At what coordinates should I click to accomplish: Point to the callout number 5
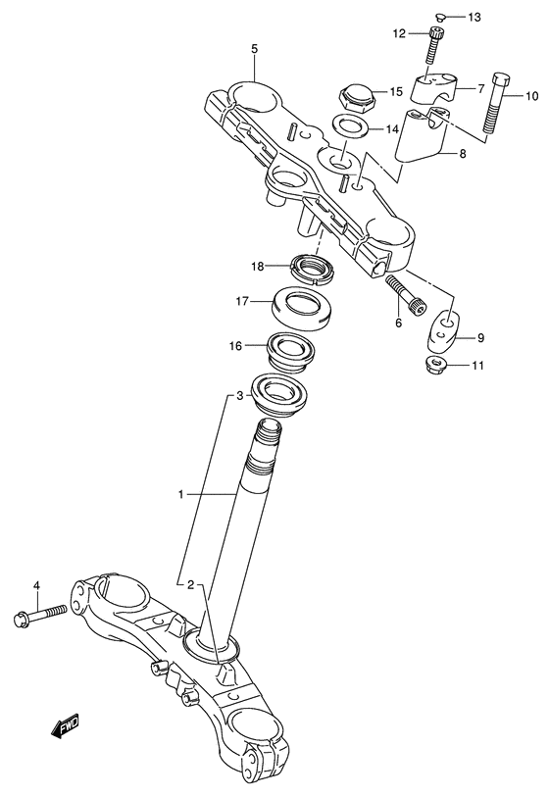pyautogui.click(x=253, y=48)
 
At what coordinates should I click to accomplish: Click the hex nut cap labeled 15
pyautogui.click(x=356, y=96)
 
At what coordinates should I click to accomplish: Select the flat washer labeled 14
pyautogui.click(x=345, y=127)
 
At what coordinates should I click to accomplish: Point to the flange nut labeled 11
pyautogui.click(x=432, y=366)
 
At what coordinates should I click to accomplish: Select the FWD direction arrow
pyautogui.click(x=67, y=727)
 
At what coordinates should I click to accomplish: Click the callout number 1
pyautogui.click(x=180, y=495)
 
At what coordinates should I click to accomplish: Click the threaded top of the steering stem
pyautogui.click(x=269, y=431)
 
